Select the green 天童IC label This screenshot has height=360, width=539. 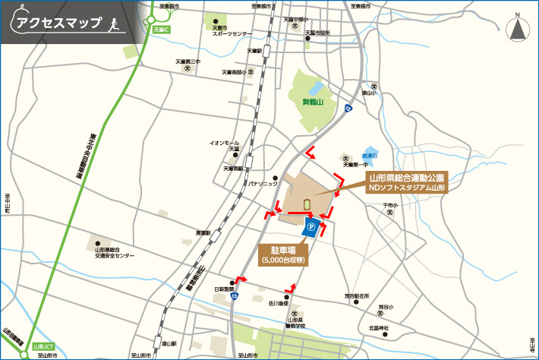click(162, 30)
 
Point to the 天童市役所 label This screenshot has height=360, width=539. click(317, 33)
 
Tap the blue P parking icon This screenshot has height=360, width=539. click(310, 226)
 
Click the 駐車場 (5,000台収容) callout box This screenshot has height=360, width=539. click(282, 254)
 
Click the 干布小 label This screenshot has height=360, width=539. click(389, 206)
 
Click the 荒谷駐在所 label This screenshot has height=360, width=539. click(356, 295)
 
